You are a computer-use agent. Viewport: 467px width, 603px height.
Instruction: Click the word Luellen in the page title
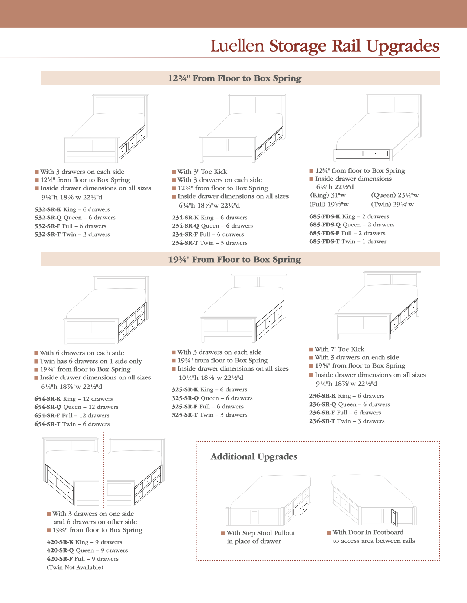[x=237, y=46]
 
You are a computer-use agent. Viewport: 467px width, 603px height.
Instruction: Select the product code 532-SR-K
[x=48, y=209]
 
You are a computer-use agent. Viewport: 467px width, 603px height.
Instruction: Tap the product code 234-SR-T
[x=185, y=243]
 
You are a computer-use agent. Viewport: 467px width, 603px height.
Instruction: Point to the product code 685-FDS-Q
[x=325, y=225]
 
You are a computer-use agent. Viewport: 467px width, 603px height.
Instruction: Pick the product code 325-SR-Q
[x=184, y=398]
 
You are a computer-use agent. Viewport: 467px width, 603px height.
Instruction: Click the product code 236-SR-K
[x=322, y=396]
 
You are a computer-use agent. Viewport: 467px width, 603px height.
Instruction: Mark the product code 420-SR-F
[x=59, y=559]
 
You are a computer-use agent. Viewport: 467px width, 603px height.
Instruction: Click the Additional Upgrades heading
[x=254, y=457]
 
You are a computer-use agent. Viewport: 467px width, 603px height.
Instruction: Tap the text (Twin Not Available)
[x=75, y=567]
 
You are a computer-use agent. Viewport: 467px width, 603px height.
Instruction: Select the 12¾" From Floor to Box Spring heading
[x=235, y=78]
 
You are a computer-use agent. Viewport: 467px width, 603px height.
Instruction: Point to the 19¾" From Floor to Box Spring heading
[x=235, y=260]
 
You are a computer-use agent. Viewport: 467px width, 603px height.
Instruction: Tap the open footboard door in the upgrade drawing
[x=394, y=517]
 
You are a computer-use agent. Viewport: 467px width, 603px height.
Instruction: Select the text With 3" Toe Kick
[x=202, y=172]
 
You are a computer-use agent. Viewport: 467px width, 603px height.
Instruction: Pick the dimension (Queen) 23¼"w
[x=394, y=195]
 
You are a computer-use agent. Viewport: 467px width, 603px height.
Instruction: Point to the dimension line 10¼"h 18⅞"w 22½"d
[x=211, y=378]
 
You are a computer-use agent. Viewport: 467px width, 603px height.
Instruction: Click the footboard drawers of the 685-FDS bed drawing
[x=363, y=153]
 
